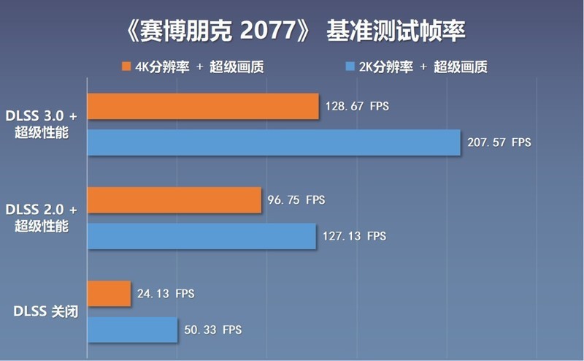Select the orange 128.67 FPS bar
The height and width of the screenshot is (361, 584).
203,106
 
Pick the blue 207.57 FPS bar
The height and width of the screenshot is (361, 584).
274,142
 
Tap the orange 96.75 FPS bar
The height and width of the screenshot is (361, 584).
174,199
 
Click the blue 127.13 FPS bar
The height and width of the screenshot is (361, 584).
201,236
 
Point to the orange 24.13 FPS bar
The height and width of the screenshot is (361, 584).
109,294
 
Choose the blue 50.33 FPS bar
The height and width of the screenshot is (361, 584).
132,330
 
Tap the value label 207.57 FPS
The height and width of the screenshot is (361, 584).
499,142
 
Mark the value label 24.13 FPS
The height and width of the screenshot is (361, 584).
166,294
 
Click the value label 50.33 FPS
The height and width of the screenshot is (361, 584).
212,330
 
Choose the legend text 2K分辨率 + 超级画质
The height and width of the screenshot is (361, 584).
423,67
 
